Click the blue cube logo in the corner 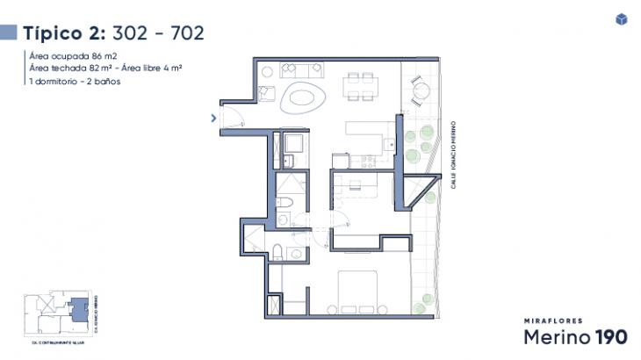tap(622, 19)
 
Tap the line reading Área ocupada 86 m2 tap(73, 55)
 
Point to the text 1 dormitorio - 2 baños tap(74, 81)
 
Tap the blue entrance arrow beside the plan tap(213, 117)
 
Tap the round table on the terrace tap(419, 88)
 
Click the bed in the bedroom tap(362, 293)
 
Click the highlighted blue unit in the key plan tap(79, 309)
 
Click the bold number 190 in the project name tap(611, 337)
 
